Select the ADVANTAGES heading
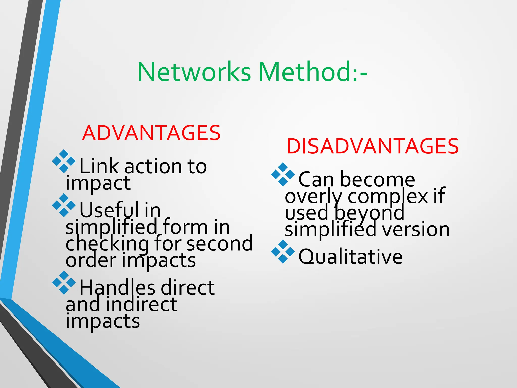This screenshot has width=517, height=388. click(151, 133)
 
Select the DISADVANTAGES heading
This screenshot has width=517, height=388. click(372, 146)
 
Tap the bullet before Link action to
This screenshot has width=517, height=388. click(64, 161)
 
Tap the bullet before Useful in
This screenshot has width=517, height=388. click(64, 205)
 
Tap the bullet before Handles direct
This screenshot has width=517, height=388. click(64, 283)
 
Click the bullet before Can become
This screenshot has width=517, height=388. click(283, 175)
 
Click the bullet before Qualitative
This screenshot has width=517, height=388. click(283, 252)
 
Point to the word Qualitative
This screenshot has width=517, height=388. click(350, 257)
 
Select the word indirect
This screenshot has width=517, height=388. click(141, 305)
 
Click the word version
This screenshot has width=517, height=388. click(416, 230)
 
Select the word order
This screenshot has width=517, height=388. click(91, 260)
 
